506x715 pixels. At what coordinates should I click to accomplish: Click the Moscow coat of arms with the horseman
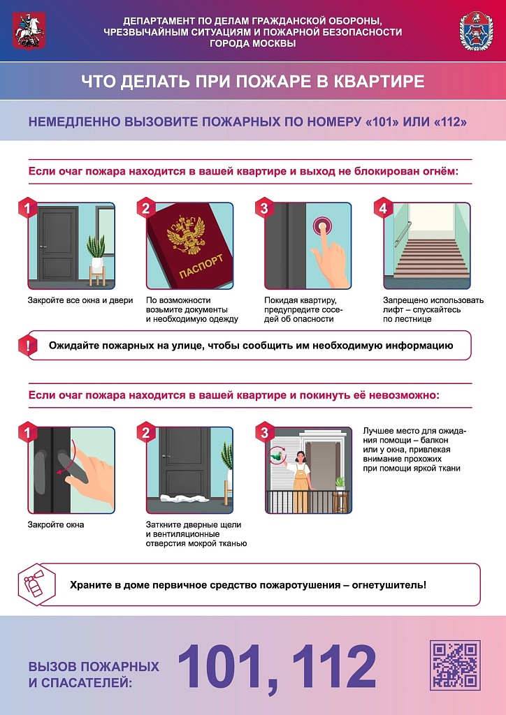28,31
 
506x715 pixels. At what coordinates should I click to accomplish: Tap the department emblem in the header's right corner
476,31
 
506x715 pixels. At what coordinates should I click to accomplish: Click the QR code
455,665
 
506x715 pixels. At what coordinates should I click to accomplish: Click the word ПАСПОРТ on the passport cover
202,266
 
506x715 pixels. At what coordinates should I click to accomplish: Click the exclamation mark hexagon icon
28,346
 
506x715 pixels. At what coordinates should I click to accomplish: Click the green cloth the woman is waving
275,455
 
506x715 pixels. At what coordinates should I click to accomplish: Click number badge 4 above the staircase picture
383,208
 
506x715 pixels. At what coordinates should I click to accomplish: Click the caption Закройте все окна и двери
80,300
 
